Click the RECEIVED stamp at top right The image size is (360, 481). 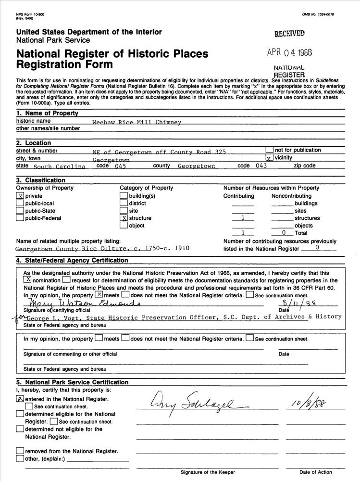point(289,34)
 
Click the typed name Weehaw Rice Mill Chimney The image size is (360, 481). point(137,122)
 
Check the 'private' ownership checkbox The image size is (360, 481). point(20,196)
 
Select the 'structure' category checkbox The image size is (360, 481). point(124,218)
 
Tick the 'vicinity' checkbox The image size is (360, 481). point(269,158)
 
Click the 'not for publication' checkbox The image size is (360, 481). point(269,150)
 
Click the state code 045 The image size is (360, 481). point(120,166)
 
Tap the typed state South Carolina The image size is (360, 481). point(59,166)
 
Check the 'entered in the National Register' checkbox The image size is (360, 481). point(20,399)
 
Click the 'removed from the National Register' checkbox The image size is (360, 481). point(20,451)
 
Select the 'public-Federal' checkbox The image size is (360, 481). point(20,218)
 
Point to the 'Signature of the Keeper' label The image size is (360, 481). point(208,472)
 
